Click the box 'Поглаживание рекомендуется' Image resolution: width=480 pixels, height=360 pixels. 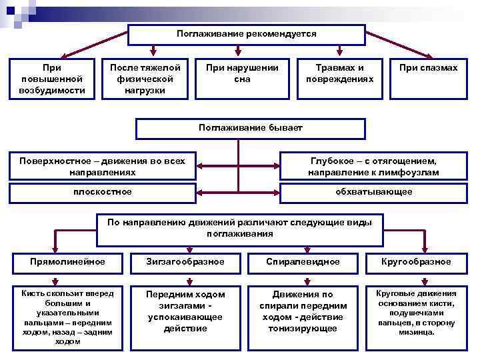[246, 34]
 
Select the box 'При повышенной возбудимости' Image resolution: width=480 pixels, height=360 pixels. [52, 79]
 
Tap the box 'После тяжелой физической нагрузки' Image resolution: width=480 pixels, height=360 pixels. [145, 79]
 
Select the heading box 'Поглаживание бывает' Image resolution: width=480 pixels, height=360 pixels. [250, 128]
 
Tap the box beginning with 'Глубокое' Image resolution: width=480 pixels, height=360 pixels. [373, 167]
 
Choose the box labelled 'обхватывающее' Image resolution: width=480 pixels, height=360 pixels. [373, 192]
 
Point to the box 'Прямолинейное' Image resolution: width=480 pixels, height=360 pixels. [67, 262]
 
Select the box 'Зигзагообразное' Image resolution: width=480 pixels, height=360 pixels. [185, 262]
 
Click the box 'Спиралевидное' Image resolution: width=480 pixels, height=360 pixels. [303, 262]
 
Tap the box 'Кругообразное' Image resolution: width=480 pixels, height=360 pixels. [416, 262]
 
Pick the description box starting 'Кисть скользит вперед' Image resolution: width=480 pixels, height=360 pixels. [67, 317]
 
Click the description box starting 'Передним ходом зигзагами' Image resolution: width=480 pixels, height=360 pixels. [185, 311]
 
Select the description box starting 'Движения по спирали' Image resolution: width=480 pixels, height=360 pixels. [303, 311]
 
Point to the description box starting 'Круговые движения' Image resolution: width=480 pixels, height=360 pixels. [416, 311]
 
